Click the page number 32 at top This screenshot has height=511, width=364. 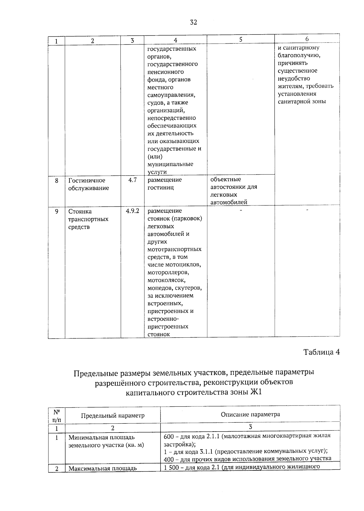coord(193,22)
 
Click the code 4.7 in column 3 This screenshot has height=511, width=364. coord(133,180)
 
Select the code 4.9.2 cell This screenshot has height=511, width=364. coord(133,211)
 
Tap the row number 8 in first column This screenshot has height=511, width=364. coord(57,181)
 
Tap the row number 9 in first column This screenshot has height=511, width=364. coord(57,212)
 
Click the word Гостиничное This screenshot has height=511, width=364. coord(87,180)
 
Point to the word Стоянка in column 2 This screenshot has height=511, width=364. coord(80,212)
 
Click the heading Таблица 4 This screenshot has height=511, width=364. coord(321,352)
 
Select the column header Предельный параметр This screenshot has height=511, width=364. coord(113,415)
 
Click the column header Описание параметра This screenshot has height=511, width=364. coord(250,414)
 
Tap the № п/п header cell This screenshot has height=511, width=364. coord(57,416)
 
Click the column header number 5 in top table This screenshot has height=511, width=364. coord(241,39)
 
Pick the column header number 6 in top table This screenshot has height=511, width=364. coord(307,39)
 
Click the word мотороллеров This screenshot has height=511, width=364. coord(168,272)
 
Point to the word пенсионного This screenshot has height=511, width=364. coord(165,72)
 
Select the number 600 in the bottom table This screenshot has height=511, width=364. coord(168,437)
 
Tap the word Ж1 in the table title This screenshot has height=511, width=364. coord(256,392)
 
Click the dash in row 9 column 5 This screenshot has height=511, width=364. coord(241,210)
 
